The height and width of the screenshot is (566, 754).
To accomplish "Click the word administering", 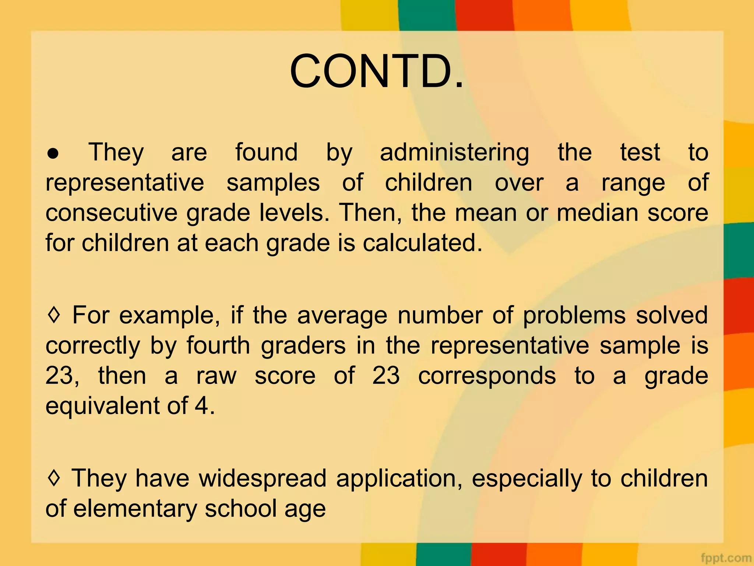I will [x=454, y=153].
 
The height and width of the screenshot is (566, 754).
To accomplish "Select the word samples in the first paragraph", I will [x=273, y=183].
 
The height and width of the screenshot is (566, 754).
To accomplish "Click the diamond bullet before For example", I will [x=54, y=315].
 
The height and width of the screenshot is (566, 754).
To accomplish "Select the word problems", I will [x=574, y=316].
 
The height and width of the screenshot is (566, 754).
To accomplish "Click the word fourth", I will [x=218, y=346].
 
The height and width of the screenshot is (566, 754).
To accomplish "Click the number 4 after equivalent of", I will [x=202, y=406].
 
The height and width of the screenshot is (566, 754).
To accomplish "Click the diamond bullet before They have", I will [x=54, y=478].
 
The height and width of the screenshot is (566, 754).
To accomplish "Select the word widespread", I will [x=263, y=479].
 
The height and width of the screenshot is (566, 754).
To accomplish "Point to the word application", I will [x=399, y=479].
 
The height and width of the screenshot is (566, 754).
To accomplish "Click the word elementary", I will [x=135, y=509].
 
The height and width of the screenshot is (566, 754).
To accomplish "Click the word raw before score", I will [x=216, y=376].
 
